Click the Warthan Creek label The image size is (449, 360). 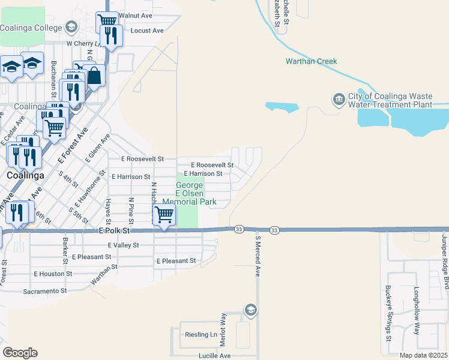pyautogui.click(x=311, y=61)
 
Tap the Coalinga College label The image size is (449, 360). pyautogui.click(x=31, y=28)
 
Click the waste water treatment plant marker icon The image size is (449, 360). pyautogui.click(x=339, y=99)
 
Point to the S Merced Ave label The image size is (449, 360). pyautogui.click(x=258, y=256)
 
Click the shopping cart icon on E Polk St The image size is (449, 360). pyautogui.click(x=164, y=215)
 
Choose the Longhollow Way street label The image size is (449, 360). pyautogui.click(x=416, y=311)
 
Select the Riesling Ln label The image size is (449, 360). pyautogui.click(x=201, y=334)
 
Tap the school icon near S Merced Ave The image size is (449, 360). pyautogui.click(x=251, y=310)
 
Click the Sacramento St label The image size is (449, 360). pyautogui.click(x=45, y=291)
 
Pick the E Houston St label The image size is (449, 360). pyautogui.click(x=53, y=274)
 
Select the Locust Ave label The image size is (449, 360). pyautogui.click(x=146, y=30)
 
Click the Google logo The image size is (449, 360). pyautogui.click(x=20, y=353)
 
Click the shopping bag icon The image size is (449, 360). pyautogui.click(x=94, y=76)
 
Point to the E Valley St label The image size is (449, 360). pyautogui.click(x=123, y=245)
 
